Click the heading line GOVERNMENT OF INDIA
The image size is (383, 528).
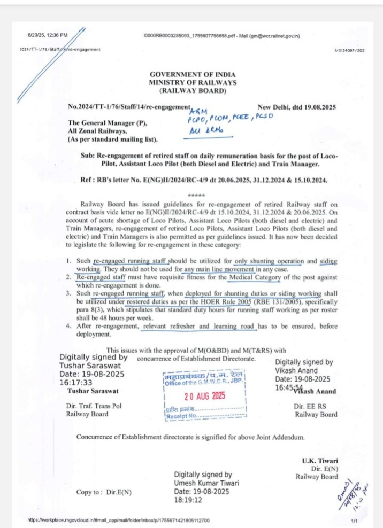pyautogui.click(x=192, y=74)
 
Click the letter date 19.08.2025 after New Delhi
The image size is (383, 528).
pyautogui.click(x=317, y=107)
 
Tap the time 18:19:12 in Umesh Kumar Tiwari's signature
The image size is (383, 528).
pyautogui.click(x=191, y=500)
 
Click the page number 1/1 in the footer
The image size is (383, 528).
pyautogui.click(x=354, y=521)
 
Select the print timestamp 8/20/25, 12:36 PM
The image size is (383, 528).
pyautogui.click(x=48, y=35)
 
